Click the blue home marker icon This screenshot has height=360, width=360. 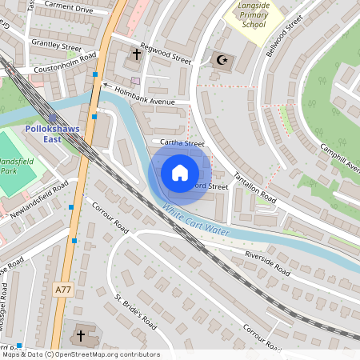point(180,173)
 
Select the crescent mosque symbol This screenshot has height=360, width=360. point(222,59)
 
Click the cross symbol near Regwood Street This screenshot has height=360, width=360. point(137,55)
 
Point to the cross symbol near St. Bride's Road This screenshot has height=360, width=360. point(82,335)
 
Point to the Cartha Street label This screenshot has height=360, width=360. point(182,143)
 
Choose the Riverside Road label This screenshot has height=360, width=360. point(266,263)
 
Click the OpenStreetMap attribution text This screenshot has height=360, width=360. point(80,354)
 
